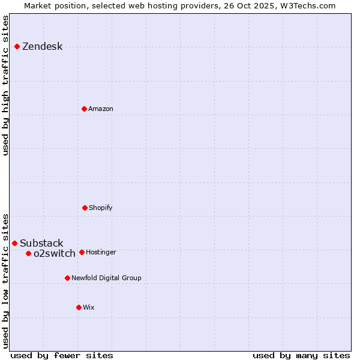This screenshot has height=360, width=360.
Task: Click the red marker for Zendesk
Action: (17, 46)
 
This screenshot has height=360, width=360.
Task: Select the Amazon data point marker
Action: (84, 109)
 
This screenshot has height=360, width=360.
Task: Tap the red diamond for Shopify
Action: (85, 208)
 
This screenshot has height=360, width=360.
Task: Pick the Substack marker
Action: (15, 243)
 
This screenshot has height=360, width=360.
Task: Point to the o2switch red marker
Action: (28, 253)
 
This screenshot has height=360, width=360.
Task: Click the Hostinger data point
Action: (82, 252)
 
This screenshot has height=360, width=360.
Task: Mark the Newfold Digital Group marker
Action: (67, 278)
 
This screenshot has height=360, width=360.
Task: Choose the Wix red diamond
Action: (79, 307)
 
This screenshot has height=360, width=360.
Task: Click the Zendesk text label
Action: (42, 47)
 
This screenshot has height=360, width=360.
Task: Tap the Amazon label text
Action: (101, 109)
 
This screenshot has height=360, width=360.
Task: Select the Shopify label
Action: (101, 208)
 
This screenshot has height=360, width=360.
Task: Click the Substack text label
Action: (41, 243)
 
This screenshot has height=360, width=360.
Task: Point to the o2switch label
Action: (55, 253)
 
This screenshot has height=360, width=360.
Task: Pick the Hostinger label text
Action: (101, 252)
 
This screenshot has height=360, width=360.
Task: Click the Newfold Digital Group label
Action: (106, 278)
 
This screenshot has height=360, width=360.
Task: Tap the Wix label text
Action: (89, 307)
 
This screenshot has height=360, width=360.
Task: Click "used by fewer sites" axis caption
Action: (62, 355)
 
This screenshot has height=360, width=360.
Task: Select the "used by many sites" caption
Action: (301, 355)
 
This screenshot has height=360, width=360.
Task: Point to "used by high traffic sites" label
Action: (5, 85)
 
